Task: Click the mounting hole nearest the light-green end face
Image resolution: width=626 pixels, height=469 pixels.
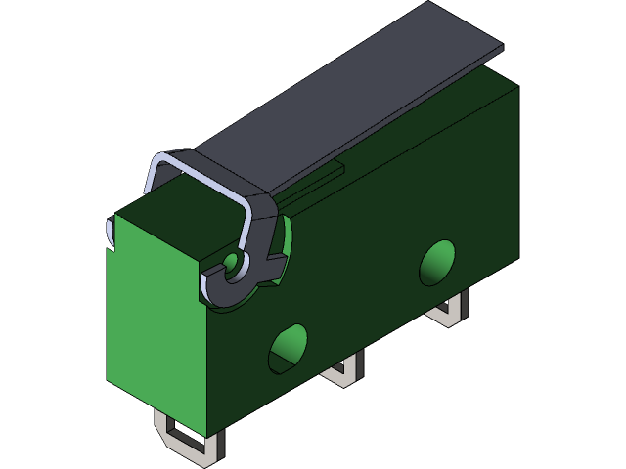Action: pos(288,348)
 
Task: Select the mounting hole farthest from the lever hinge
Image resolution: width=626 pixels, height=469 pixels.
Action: pos(437,262)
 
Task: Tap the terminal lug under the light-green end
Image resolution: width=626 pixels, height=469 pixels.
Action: pos(186,434)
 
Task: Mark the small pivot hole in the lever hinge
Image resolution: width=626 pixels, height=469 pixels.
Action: pos(231,262)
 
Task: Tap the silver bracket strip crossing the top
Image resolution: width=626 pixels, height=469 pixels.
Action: pos(215,172)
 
